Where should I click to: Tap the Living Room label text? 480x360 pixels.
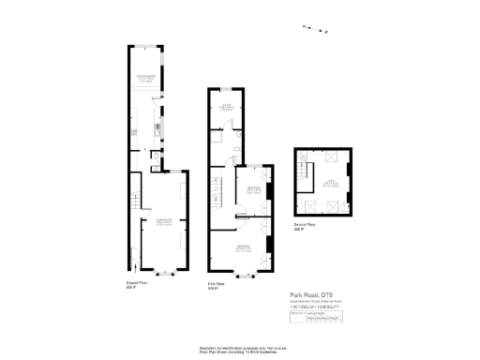(x=164, y=221)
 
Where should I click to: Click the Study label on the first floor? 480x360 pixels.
(x=226, y=107)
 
